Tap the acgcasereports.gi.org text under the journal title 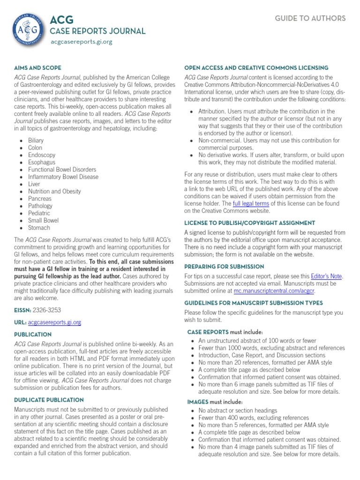point(82,42)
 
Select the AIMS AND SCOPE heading point(37,68)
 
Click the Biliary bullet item point(36,140)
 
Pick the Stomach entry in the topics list point(39,228)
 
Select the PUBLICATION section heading point(33,335)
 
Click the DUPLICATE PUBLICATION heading point(49,400)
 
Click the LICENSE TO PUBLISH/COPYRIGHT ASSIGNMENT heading point(249,223)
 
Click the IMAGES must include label point(215,402)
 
